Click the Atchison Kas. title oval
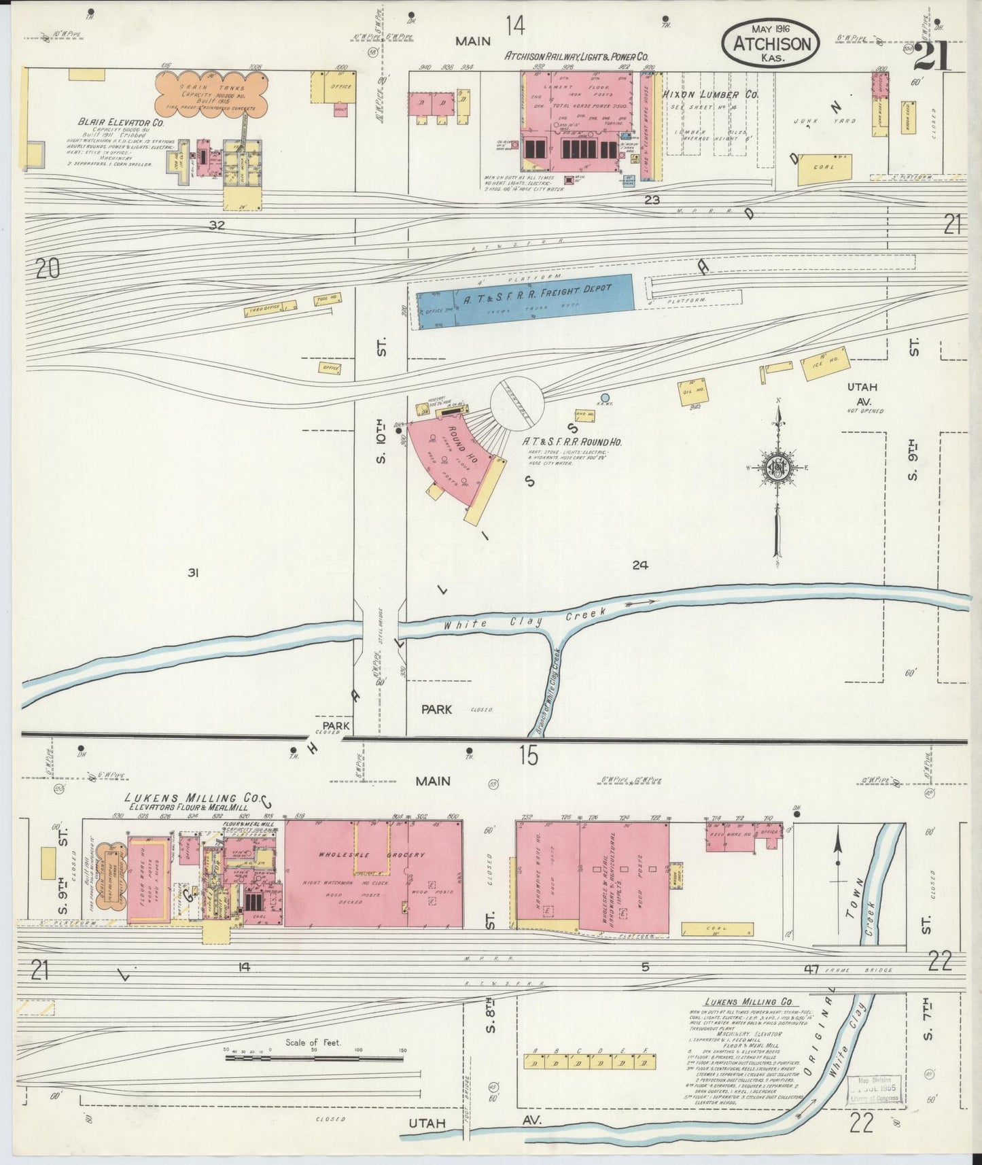click(x=771, y=41)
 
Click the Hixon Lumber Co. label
click(x=711, y=95)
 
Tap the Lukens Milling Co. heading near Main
click(x=180, y=798)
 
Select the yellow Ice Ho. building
click(x=820, y=366)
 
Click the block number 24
click(x=639, y=564)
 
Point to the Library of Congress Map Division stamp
click(x=877, y=1090)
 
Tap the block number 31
click(x=192, y=573)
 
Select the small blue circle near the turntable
click(x=605, y=398)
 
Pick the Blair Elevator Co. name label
click(x=121, y=123)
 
